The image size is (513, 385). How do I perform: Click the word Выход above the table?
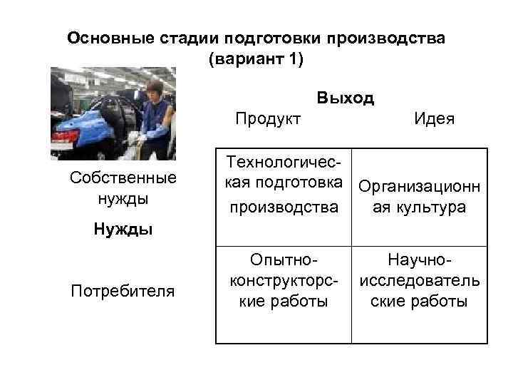click(346, 98)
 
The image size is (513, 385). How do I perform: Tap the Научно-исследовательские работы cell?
click(420, 281)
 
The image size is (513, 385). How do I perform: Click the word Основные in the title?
click(106, 38)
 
